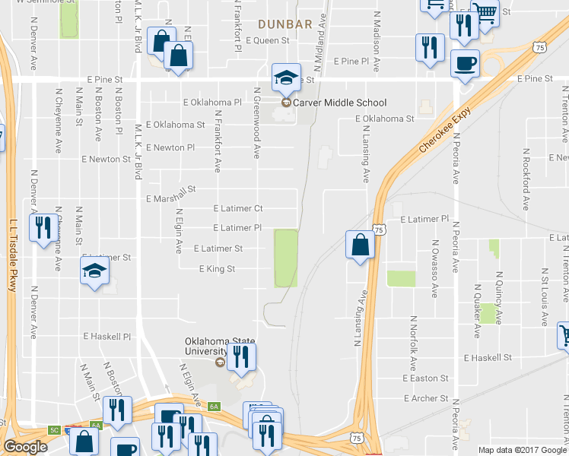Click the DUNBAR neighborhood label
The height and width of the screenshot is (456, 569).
point(284,24)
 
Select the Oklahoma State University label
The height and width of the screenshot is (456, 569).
point(205,346)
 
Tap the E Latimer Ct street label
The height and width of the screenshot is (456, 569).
point(238,207)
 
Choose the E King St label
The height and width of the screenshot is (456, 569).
point(217,268)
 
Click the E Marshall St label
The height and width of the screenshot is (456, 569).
point(171,195)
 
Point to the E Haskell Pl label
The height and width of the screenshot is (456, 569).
point(107,335)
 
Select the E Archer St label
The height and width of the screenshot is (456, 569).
point(426,398)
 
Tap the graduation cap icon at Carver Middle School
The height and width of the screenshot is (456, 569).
point(286,77)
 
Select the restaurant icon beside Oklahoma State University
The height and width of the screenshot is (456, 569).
point(241,356)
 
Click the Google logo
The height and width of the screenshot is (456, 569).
point(25,447)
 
